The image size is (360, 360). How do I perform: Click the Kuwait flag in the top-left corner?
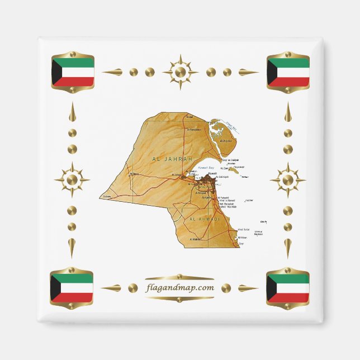click(72, 72)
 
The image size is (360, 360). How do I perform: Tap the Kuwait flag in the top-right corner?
click(288, 72)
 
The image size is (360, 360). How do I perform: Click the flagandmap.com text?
click(179, 287)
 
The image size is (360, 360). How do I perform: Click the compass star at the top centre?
click(180, 72)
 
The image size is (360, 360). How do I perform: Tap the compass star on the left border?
click(72, 180)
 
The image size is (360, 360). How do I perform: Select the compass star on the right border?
click(287, 180)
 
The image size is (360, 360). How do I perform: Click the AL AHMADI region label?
click(205, 220)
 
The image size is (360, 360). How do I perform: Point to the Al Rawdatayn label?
click(193, 129)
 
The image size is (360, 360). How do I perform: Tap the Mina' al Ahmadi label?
click(227, 200)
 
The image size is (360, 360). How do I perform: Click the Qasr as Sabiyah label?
click(231, 160)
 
